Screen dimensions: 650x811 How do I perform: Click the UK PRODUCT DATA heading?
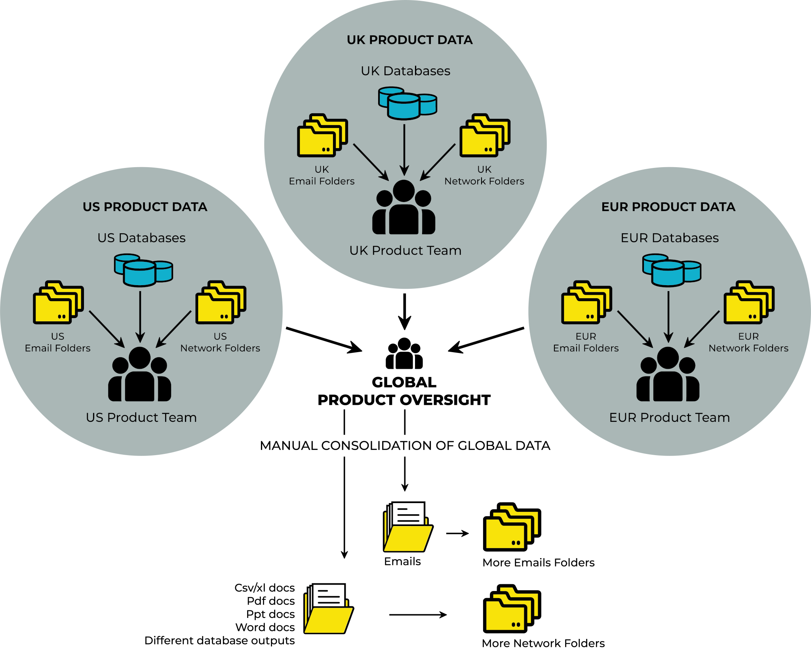(x=409, y=40)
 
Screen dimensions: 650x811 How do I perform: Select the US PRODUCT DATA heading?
(x=145, y=207)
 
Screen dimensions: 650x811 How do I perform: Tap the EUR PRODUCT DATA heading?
(x=668, y=207)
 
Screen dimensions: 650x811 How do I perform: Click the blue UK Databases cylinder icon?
(x=407, y=103)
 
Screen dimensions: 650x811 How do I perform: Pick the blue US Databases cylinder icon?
(x=143, y=271)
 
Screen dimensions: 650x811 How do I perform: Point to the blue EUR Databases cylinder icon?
(x=671, y=271)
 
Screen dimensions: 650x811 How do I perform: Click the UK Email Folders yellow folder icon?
(x=322, y=136)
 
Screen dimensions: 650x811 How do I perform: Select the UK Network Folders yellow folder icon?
(x=484, y=136)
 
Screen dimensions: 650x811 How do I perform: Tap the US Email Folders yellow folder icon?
(x=58, y=303)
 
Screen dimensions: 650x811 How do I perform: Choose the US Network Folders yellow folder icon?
(x=220, y=303)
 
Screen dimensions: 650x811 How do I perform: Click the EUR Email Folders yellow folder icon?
(x=586, y=303)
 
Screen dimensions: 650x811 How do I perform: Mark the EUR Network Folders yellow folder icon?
(x=748, y=303)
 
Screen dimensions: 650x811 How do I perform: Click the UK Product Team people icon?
(x=404, y=208)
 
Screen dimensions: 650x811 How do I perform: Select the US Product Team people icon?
(x=139, y=375)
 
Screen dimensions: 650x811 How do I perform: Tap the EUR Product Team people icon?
(x=668, y=375)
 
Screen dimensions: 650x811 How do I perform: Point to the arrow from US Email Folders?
(x=106, y=328)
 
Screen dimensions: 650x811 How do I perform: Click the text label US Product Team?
(x=141, y=417)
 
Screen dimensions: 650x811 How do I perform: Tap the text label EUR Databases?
(x=669, y=238)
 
